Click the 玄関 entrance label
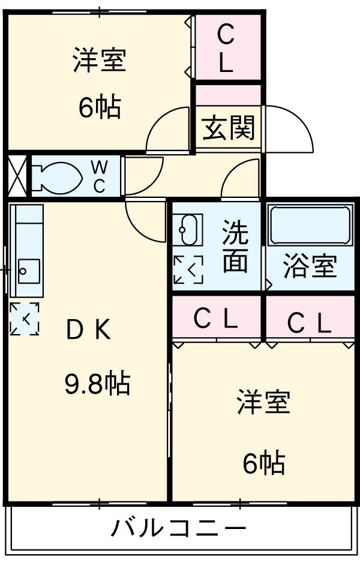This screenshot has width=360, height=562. click(x=228, y=128)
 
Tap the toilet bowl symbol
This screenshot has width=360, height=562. click(x=57, y=176)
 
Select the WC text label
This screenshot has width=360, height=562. click(x=99, y=176)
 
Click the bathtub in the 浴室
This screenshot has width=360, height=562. click(x=310, y=225)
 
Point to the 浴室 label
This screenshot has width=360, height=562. click(x=310, y=266)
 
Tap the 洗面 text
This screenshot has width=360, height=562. click(x=235, y=247)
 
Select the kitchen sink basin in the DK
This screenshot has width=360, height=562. click(x=29, y=271)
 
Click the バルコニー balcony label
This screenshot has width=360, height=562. click(x=178, y=529)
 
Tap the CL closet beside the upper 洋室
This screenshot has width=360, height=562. click(x=226, y=48)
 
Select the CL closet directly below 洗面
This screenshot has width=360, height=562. click(x=215, y=320)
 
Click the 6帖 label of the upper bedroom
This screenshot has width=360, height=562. click(x=99, y=107)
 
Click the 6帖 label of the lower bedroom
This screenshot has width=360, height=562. click(x=263, y=462)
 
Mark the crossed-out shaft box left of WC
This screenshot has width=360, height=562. click(x=16, y=176)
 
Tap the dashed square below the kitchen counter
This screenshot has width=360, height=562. click(x=25, y=318)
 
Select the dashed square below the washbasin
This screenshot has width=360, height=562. click(x=188, y=270)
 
